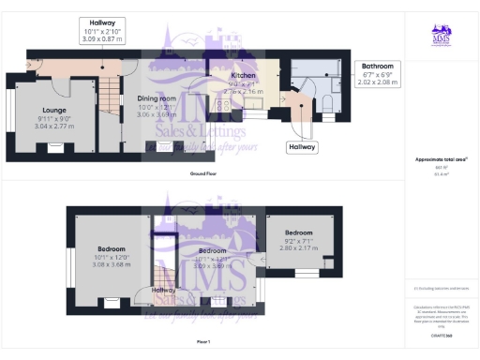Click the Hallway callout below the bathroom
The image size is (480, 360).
tap(303, 147)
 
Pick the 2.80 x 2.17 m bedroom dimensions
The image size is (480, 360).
tap(298, 247)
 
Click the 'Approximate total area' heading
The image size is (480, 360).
tap(440, 159)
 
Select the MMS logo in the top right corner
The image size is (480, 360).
tap(441, 36)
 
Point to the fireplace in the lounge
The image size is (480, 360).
tap(52, 146)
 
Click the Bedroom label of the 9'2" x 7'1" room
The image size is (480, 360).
tap(298, 232)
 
